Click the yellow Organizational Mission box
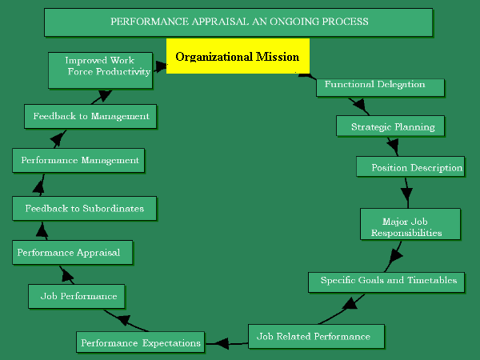[237, 57]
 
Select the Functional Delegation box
[374, 85]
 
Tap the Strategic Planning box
[392, 126]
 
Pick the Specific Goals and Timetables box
[387, 281]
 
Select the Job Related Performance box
[316, 336]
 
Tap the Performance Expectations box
[140, 343]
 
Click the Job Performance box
[78, 296]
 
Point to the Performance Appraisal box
[72, 253]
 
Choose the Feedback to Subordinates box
[84, 209]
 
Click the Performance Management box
[79, 161]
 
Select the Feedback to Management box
[90, 116]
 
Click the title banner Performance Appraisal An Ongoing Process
[238, 22]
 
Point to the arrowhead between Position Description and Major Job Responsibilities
[406, 195]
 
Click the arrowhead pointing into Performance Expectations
[218, 343]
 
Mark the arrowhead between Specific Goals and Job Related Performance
[349, 304]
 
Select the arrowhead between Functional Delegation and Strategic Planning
[359, 106]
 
